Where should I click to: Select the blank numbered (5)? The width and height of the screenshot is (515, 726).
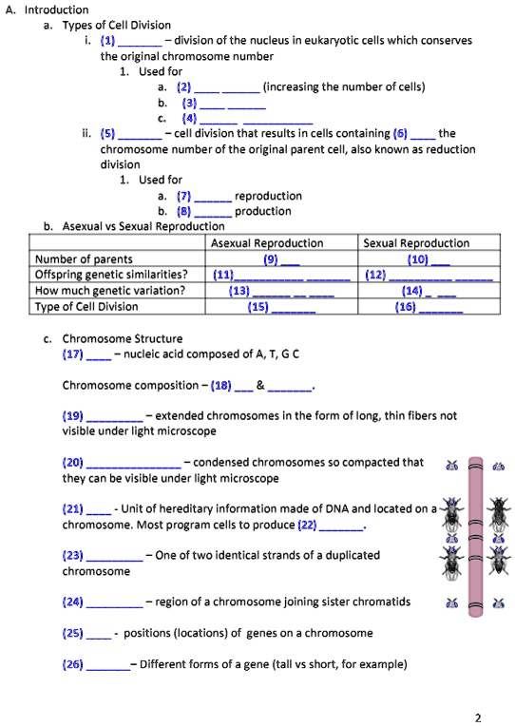click(x=130, y=134)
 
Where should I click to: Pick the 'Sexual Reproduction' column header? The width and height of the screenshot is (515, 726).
click(x=416, y=243)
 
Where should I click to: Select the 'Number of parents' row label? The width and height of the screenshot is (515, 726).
click(x=84, y=259)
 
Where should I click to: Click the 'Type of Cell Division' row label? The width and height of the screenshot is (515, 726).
click(x=86, y=306)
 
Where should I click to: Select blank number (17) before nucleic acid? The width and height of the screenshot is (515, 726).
click(x=86, y=354)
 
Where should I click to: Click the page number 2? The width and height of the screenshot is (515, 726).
click(x=489, y=716)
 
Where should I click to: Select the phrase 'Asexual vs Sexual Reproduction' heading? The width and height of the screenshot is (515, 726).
click(x=143, y=226)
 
